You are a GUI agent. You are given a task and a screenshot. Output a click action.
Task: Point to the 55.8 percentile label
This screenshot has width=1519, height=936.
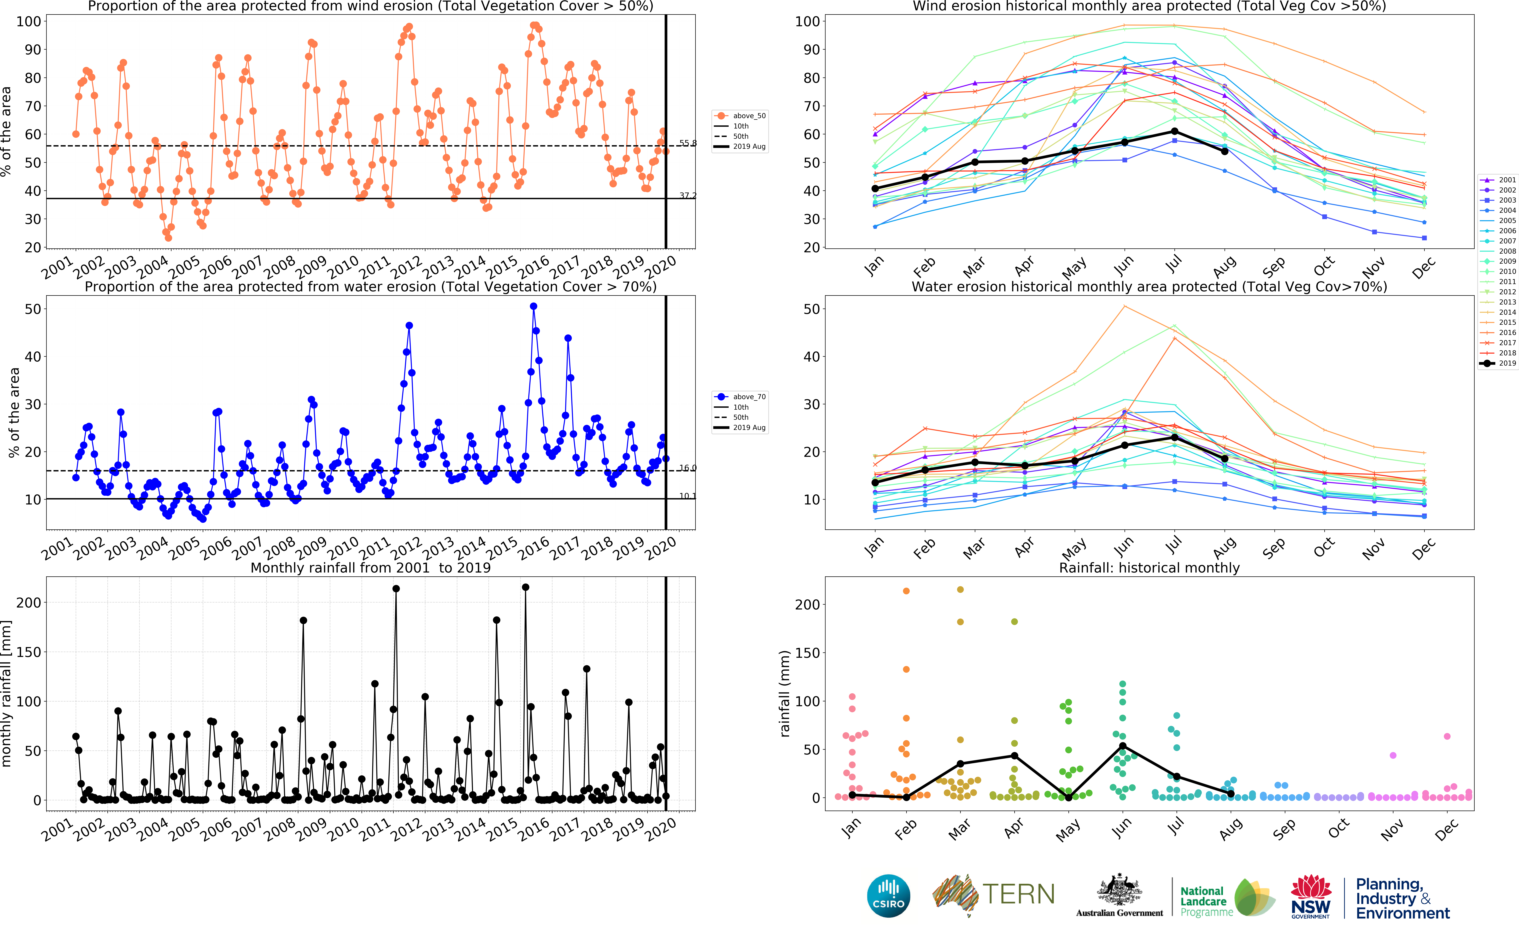[x=688, y=143]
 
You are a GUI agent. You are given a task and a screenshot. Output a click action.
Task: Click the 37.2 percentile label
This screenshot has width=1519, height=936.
[x=688, y=196]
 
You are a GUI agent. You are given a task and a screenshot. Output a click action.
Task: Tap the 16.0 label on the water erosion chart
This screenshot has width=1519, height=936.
[x=688, y=468]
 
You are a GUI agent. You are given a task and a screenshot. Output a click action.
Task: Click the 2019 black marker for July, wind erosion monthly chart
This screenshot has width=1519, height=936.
[x=1174, y=131]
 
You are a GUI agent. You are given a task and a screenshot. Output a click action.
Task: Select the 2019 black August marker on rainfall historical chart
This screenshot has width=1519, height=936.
[x=1231, y=794]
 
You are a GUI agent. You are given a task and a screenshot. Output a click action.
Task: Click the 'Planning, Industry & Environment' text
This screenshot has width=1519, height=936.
[x=1402, y=899]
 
